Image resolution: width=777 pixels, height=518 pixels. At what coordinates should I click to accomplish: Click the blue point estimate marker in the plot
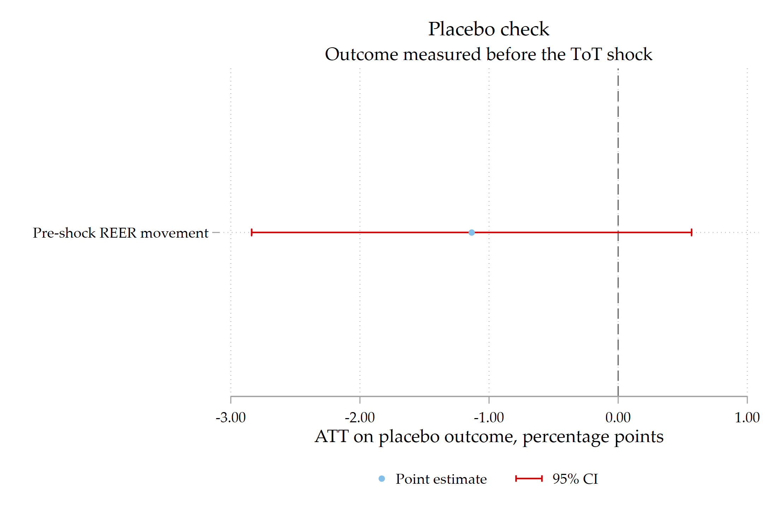471,232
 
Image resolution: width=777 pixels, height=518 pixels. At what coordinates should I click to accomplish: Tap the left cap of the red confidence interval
251,232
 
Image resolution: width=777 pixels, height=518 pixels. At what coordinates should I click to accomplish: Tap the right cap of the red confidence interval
692,232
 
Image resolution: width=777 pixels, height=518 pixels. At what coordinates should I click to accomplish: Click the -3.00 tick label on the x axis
231,417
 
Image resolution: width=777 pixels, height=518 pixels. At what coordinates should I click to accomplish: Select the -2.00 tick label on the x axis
360,417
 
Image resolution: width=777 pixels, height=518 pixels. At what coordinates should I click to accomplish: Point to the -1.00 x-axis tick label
489,417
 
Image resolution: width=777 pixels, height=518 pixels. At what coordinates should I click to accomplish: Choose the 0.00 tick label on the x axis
618,417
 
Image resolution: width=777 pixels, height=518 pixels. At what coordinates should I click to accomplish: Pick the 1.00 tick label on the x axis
747,417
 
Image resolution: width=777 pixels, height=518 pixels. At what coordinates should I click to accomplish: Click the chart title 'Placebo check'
489,29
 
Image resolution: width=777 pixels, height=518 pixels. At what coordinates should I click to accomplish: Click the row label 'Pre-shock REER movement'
120,233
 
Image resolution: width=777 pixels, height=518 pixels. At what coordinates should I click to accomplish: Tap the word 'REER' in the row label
118,233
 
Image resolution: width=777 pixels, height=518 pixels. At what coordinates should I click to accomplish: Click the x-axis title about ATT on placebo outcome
489,437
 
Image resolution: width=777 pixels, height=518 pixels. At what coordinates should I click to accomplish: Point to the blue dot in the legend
381,479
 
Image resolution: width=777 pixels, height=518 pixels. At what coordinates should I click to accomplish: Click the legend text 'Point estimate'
441,479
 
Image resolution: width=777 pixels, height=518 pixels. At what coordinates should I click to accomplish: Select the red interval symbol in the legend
529,479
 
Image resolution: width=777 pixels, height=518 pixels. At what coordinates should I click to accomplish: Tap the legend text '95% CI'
575,479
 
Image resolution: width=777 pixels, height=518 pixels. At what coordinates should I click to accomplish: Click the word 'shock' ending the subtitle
629,54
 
